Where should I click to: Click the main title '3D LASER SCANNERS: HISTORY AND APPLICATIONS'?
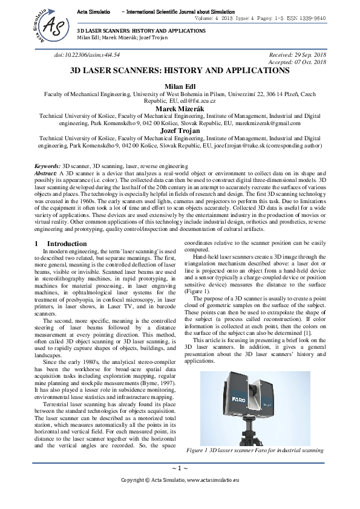click(180, 71)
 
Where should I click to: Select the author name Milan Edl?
click(180, 87)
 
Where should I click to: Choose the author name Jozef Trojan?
click(180, 130)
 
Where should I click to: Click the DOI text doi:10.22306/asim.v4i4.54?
click(87, 54)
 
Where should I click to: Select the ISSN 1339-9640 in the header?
click(307, 19)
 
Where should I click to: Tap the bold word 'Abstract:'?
click(45, 172)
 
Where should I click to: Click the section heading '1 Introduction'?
click(61, 243)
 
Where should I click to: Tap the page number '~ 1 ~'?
click(180, 468)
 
